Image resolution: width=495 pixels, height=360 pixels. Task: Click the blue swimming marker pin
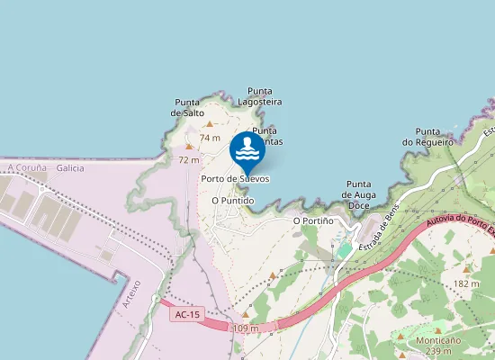click(247, 150)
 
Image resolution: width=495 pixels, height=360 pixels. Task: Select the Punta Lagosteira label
click(265, 96)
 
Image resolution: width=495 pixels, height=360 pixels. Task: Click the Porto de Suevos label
click(235, 179)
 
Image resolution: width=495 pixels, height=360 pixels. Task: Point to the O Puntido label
click(232, 201)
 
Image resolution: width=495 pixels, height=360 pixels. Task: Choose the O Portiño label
click(313, 220)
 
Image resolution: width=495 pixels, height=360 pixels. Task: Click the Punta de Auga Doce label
click(359, 194)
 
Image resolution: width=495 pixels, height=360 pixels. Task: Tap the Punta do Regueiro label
click(427, 136)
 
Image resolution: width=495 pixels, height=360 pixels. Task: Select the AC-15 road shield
click(186, 314)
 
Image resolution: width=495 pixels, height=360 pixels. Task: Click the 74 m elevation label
click(210, 138)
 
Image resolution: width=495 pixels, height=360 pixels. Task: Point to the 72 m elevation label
click(189, 159)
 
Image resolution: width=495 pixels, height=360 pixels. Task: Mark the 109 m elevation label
click(245, 328)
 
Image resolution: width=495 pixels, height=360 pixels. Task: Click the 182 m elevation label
click(466, 283)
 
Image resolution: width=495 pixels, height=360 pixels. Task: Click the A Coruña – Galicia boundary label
click(45, 168)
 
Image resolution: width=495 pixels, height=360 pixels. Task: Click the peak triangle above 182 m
click(466, 269)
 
